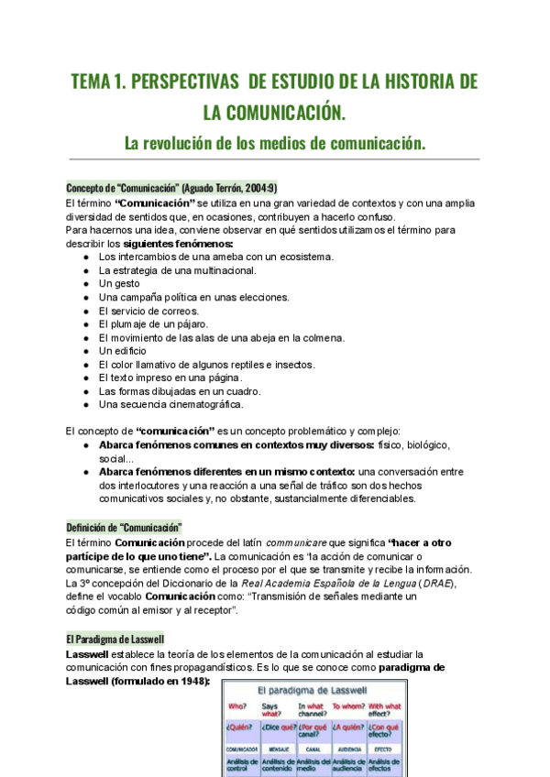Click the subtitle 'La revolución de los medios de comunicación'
(275, 143)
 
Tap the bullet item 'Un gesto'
(119, 284)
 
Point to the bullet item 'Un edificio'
(123, 351)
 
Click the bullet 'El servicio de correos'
(148, 311)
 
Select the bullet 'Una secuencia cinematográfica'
(170, 404)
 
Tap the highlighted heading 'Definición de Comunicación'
(124, 528)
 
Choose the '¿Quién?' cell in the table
(241, 730)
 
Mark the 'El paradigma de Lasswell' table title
(313, 686)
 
